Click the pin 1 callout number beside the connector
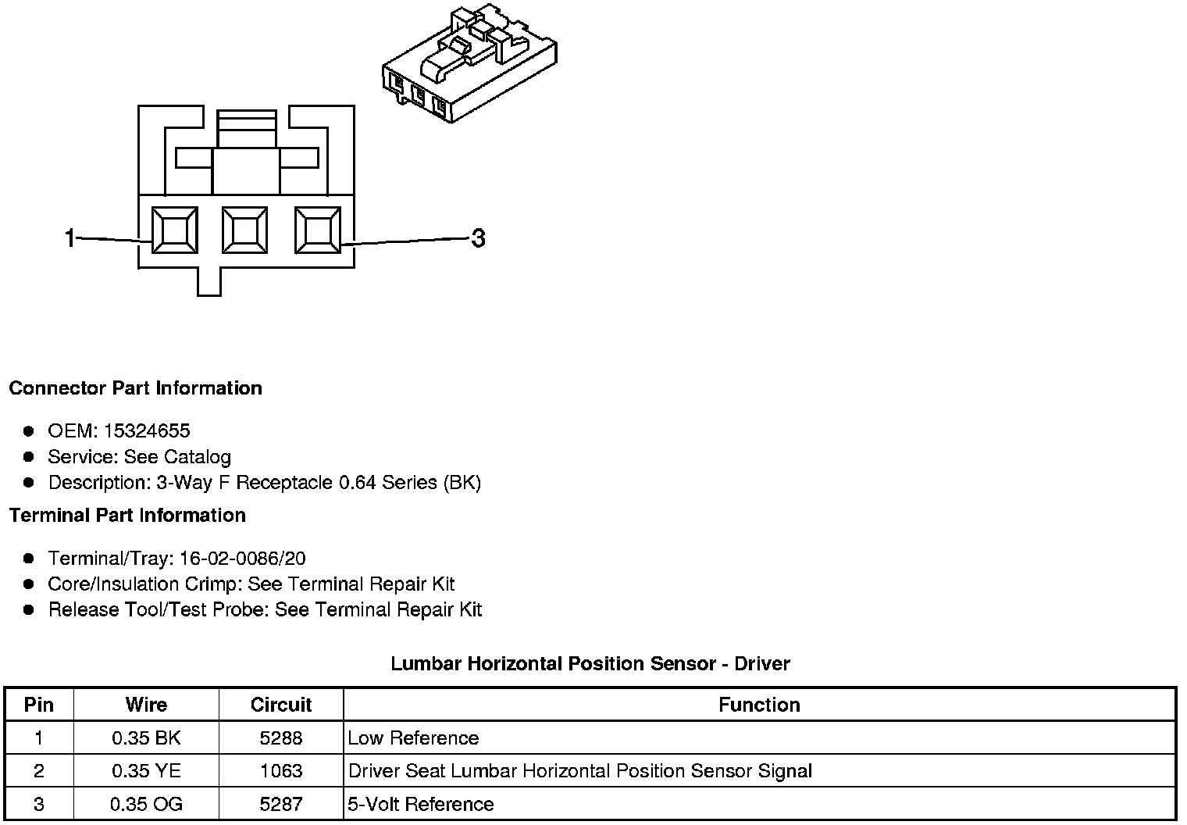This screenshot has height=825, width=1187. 70,237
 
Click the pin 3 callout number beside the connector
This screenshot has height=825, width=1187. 478,237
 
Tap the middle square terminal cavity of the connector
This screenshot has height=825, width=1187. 245,230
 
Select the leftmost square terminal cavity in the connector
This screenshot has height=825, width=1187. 173,230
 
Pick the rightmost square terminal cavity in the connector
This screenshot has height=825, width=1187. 317,230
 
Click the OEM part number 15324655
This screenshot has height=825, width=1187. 147,430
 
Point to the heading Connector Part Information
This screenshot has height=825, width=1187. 135,388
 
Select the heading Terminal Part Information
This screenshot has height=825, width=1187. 127,516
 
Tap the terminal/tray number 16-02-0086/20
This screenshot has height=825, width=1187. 242,559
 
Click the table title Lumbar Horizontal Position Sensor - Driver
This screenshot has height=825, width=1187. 590,664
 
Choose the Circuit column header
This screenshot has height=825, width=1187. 281,705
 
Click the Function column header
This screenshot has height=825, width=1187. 759,705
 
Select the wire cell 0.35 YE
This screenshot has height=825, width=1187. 146,771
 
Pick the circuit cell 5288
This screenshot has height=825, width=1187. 281,738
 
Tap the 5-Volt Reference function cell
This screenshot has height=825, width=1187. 421,805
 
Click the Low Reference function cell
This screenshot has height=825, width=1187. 413,738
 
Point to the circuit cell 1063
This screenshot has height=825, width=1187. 281,771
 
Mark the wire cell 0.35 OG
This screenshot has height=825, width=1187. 146,805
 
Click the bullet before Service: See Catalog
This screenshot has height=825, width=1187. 29,457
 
